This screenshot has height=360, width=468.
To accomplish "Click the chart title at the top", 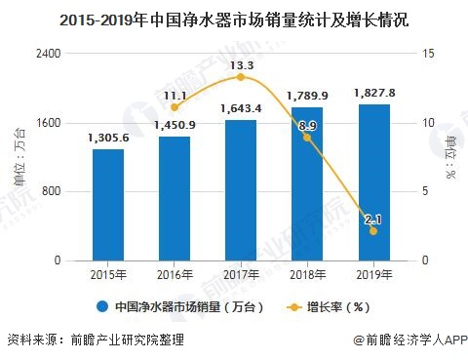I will [234, 17].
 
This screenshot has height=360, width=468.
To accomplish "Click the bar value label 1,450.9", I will [175, 126].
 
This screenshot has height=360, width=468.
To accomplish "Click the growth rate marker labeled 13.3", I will [241, 77].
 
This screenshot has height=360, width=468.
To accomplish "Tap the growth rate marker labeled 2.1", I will [373, 231].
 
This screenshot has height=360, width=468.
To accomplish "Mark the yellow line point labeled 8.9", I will [307, 138].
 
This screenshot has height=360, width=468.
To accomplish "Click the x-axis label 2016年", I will [175, 274].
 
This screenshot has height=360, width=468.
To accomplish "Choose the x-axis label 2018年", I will [307, 274].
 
